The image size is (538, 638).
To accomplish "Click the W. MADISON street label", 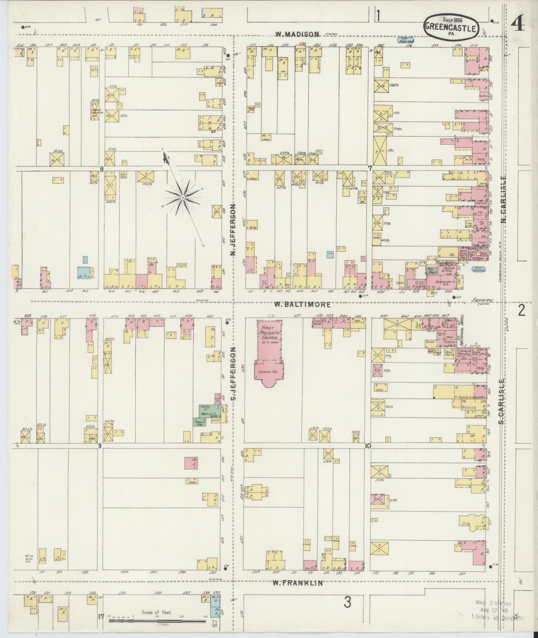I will (297, 34).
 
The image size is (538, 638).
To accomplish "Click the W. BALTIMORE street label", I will (302, 304).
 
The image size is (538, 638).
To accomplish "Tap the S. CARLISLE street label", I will (502, 401).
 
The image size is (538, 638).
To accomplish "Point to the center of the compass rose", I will (183, 197).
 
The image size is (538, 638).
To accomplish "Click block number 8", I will (101, 169).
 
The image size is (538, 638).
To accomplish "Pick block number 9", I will (100, 446).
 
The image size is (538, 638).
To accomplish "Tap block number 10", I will (368, 446).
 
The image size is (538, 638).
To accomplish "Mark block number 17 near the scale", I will (100, 616).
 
